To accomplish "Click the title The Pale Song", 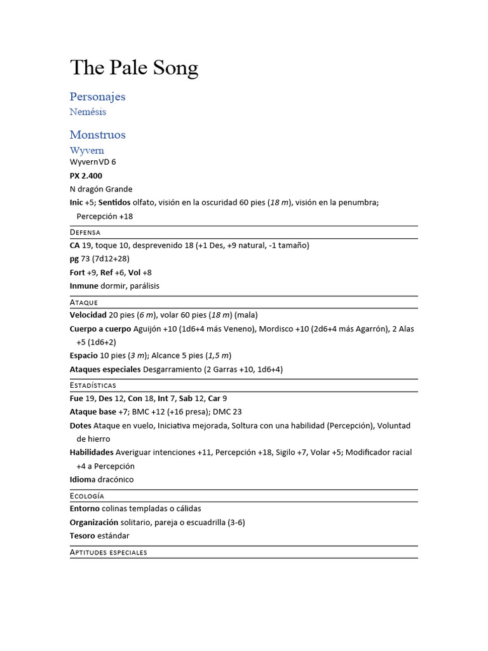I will [134, 67].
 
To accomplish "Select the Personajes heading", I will [97, 97].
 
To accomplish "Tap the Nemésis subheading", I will [88, 112].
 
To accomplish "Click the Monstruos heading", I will [97, 135].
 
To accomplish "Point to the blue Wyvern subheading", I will [86, 151].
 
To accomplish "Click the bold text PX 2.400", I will [86, 175].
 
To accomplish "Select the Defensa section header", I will [85, 233].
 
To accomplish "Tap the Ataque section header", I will [84, 303].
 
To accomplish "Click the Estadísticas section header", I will [93, 385].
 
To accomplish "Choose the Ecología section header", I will [86, 496].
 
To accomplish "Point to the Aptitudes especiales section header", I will [108, 552].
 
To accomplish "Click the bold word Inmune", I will [84, 286].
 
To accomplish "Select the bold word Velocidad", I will [88, 315].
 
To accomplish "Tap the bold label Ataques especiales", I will [105, 369].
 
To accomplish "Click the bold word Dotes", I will [81, 425].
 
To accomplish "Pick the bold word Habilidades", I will [91, 453].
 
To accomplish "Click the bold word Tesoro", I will [83, 536].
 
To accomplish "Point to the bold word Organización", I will [93, 523].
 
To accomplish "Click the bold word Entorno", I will [85, 509].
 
